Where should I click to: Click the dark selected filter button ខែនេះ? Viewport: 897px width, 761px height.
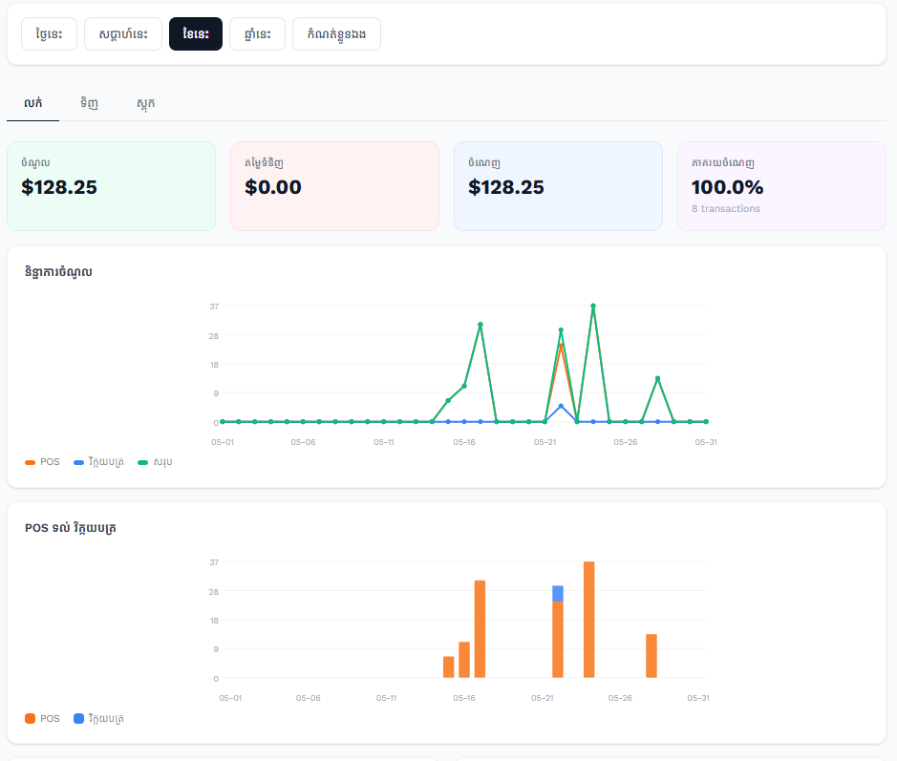pyautogui.click(x=196, y=33)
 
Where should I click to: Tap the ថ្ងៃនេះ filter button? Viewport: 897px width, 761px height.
pyautogui.click(x=50, y=33)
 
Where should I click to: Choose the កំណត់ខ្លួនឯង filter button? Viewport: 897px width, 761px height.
pyautogui.click(x=336, y=33)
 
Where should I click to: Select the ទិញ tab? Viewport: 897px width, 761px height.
pyautogui.click(x=89, y=103)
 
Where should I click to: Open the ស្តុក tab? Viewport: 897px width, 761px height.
pyautogui.click(x=145, y=103)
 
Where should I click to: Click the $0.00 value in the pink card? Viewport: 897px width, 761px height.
pyautogui.click(x=273, y=187)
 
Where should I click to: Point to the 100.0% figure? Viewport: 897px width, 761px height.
pyautogui.click(x=727, y=187)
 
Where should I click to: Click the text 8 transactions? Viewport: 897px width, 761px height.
pyautogui.click(x=725, y=209)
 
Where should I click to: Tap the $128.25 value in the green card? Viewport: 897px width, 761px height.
pyautogui.click(x=59, y=187)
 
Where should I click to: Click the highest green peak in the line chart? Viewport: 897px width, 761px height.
pyautogui.click(x=593, y=306)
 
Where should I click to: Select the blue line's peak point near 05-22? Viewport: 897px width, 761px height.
pyautogui.click(x=561, y=406)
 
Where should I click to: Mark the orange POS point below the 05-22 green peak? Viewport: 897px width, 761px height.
pyautogui.click(x=561, y=346)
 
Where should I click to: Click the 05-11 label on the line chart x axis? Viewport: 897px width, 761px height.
pyautogui.click(x=383, y=442)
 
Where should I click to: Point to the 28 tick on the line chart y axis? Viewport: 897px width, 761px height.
pyautogui.click(x=213, y=335)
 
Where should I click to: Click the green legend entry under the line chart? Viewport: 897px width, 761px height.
pyautogui.click(x=155, y=462)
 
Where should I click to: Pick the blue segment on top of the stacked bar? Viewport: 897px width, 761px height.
pyautogui.click(x=558, y=594)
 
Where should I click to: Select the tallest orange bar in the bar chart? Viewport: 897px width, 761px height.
pyautogui.click(x=589, y=619)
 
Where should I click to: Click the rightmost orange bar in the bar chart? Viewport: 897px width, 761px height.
pyautogui.click(x=651, y=656)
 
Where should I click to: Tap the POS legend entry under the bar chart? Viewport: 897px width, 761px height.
pyautogui.click(x=42, y=718)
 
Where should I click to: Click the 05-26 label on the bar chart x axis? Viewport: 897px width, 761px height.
pyautogui.click(x=620, y=698)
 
